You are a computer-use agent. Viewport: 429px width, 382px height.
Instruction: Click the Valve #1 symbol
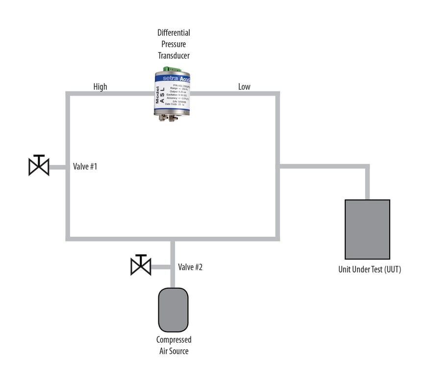[x=39, y=166]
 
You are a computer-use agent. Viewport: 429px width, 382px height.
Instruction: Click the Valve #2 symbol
[x=141, y=266]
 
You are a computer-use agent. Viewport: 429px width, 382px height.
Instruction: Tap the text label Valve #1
[x=85, y=166]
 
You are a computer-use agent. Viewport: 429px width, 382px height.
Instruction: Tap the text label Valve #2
[x=190, y=267]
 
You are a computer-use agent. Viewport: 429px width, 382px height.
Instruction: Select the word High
[x=100, y=87]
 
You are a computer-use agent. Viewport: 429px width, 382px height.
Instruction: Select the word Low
[x=244, y=87]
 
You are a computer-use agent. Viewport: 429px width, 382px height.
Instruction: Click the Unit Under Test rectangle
[x=367, y=229]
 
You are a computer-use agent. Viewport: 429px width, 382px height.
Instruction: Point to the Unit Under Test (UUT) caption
[x=370, y=269]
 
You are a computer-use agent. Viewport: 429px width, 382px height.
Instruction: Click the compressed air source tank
[x=173, y=310]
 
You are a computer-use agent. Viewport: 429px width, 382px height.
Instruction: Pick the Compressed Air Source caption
[x=174, y=345]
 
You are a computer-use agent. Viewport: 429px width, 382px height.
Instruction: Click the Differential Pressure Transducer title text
[x=174, y=44]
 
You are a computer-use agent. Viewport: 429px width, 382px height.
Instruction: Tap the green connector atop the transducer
[x=172, y=68]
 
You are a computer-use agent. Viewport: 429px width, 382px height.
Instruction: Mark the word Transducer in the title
[x=174, y=55]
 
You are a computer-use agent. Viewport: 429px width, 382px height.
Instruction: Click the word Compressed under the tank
[x=174, y=340]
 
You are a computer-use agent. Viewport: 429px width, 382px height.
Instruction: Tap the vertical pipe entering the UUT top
[x=367, y=183]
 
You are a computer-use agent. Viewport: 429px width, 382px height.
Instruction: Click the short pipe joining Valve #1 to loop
[x=58, y=167]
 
